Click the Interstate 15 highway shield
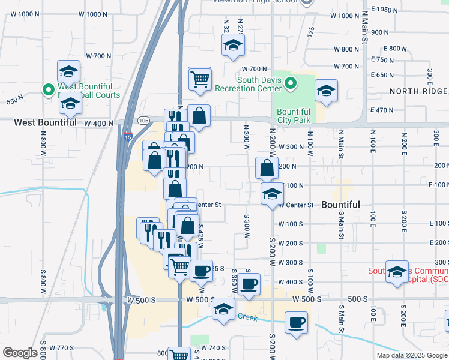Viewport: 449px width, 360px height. (128, 137)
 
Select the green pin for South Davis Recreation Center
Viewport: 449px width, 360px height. (291, 83)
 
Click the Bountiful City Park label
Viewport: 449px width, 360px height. (294, 116)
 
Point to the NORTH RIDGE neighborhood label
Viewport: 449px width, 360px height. (418, 91)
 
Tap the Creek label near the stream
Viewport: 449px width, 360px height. (247, 317)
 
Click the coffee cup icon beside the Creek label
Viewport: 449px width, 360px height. (295, 323)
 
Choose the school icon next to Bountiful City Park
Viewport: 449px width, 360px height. (327, 91)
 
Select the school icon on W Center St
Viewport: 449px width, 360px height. (272, 194)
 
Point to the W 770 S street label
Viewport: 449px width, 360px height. (62, 347)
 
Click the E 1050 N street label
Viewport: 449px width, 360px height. (385, 10)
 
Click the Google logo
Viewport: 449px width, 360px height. (20, 353)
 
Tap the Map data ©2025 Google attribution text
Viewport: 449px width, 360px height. (411, 355)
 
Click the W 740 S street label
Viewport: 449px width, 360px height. (213, 347)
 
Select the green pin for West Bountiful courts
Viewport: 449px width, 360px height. (49, 90)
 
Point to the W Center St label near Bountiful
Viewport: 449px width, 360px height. (295, 205)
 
